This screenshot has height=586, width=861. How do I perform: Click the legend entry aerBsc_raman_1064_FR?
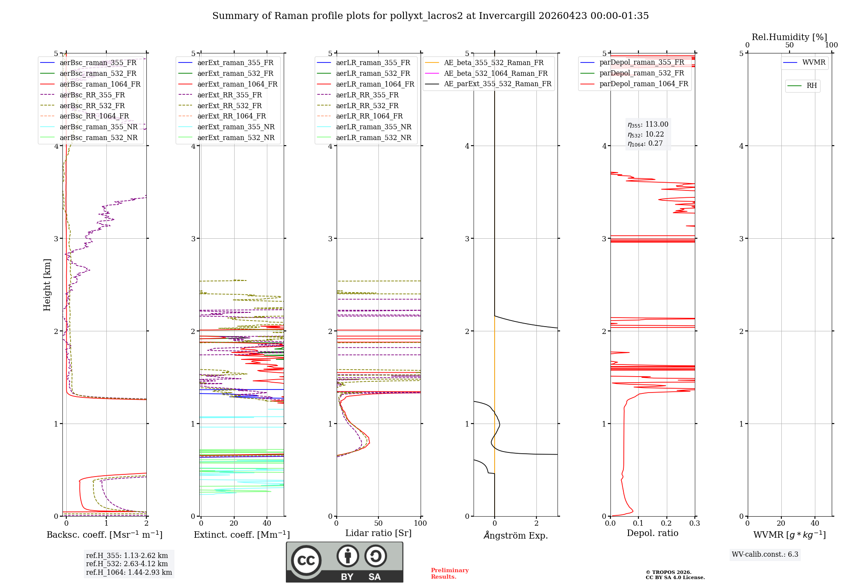click(100, 84)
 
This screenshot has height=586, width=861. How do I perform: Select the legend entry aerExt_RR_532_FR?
click(229, 106)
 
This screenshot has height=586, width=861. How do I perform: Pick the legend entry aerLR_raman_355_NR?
click(373, 127)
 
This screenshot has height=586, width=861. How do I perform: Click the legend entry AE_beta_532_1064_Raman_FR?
click(496, 73)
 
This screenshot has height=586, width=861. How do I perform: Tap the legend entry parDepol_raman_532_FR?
click(641, 73)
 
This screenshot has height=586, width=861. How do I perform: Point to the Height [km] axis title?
click(47, 284)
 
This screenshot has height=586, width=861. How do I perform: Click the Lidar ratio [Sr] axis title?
click(378, 533)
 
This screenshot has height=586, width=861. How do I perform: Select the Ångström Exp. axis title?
click(516, 535)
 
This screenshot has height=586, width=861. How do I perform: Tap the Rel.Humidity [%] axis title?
click(789, 37)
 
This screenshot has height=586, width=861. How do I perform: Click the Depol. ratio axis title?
click(652, 533)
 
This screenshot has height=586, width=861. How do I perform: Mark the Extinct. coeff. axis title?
click(242, 535)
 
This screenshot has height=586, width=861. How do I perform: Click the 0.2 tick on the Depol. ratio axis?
click(666, 523)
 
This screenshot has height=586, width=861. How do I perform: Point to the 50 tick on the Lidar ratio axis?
click(378, 523)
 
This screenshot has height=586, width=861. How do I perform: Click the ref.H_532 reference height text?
click(127, 564)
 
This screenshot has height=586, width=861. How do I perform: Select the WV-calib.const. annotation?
click(765, 554)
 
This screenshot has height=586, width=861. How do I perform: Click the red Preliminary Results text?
click(449, 573)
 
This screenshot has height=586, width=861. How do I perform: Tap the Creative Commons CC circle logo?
click(306, 561)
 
